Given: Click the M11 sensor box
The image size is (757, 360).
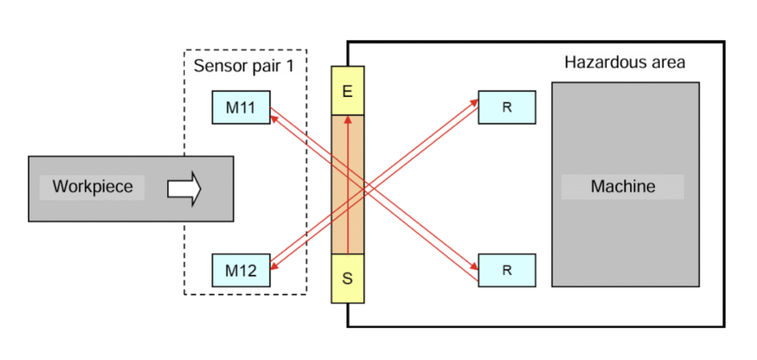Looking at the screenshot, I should coord(240,107).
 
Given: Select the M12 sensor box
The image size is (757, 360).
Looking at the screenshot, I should coord(240,271).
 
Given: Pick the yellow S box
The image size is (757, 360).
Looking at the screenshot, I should coord(347,279).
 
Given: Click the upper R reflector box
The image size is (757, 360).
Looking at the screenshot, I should coord(506,107).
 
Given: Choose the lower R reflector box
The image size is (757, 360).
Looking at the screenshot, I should coord(506,270).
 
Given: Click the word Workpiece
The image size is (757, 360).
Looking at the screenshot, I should coord(92,186).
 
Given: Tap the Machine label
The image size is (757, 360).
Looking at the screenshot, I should coord(622,186).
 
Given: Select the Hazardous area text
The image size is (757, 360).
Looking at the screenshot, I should coord(625,62).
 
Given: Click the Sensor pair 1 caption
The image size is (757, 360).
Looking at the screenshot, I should coord(243,65).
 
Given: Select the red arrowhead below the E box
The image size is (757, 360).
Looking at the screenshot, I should coord(347,120).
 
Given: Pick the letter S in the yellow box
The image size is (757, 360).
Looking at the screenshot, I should coord(347,279).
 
